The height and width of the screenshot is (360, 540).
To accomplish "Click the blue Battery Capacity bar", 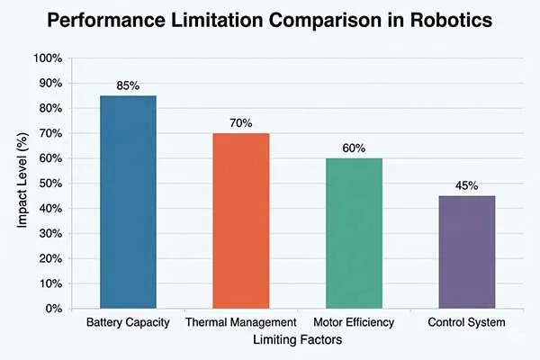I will pyautogui.click(x=128, y=202).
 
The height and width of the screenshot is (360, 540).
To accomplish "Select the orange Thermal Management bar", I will pyautogui.click(x=240, y=220).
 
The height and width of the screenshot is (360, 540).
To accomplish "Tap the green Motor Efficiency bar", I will pyautogui.click(x=354, y=233).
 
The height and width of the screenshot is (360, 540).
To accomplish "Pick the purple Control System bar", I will pyautogui.click(x=466, y=252).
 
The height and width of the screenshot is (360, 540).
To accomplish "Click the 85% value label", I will pyautogui.click(x=128, y=86).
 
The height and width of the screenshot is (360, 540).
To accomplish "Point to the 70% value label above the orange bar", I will pyautogui.click(x=240, y=123).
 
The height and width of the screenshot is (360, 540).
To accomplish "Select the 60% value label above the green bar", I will pyautogui.click(x=354, y=148).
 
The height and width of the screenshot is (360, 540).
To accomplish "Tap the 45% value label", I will pyautogui.click(x=466, y=186).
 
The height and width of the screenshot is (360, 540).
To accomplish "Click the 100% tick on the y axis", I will pyautogui.click(x=47, y=58).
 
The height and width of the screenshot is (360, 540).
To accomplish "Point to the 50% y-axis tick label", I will pyautogui.click(x=49, y=184).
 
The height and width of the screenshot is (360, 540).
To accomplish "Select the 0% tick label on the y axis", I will pyautogui.click(x=53, y=309).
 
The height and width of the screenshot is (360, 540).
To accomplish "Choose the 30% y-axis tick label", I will pyautogui.click(x=49, y=233).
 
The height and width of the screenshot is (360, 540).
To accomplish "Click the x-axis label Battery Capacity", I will pyautogui.click(x=127, y=322).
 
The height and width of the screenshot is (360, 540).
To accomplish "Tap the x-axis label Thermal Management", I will pyautogui.click(x=240, y=322).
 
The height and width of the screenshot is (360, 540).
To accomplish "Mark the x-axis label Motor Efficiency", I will pyautogui.click(x=354, y=322).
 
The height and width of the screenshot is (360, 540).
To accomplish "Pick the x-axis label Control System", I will pyautogui.click(x=466, y=322).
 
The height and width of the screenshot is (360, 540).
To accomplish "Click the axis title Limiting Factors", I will pyautogui.click(x=297, y=340).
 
